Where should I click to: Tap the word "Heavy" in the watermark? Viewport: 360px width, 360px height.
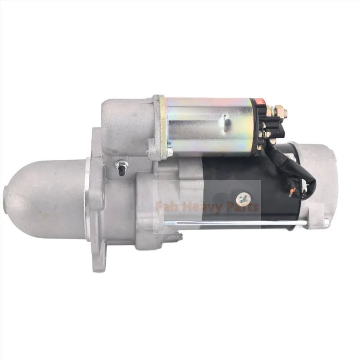coord(195,207)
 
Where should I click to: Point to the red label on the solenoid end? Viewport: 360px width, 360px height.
coord(260,103)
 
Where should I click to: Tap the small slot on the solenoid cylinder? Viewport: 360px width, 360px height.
coord(225,121)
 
